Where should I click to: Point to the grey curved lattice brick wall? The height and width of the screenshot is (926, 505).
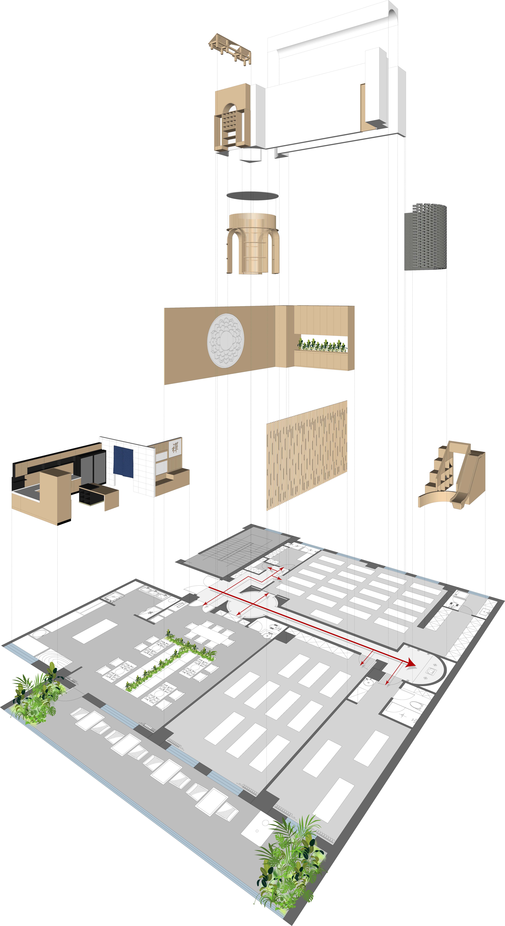pos(425,237)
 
